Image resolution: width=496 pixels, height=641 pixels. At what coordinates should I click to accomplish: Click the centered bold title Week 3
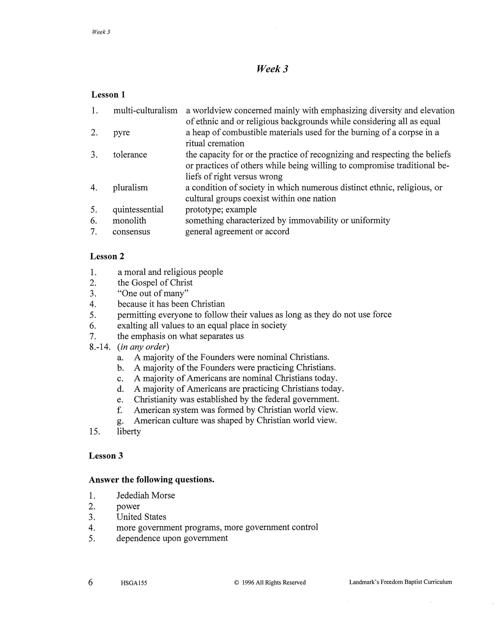coord(272,69)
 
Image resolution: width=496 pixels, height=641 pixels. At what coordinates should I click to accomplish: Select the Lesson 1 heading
coord(108,94)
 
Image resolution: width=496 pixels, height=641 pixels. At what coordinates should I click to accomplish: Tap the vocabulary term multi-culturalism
coord(146,111)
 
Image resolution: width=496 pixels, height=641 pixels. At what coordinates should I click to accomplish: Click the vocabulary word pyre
coord(121,133)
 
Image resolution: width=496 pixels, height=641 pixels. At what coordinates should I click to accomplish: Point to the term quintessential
coord(138,210)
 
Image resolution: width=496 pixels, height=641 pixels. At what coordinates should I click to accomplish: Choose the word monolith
coord(129,221)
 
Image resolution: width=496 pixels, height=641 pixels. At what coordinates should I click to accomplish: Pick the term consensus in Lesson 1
coord(131,232)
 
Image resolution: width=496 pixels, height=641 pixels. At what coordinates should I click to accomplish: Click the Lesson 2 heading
coord(107,256)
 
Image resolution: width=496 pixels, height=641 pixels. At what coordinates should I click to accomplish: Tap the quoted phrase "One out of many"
coord(153,293)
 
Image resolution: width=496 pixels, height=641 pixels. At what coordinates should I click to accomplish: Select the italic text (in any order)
coord(143,347)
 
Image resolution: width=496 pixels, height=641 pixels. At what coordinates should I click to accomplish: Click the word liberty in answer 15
coord(129,431)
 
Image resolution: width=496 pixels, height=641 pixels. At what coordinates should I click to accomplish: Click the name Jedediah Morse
coord(146,495)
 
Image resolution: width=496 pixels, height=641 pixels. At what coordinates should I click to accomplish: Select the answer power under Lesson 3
coord(128,506)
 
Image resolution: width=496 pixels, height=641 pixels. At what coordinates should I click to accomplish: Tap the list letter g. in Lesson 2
coord(120,421)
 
